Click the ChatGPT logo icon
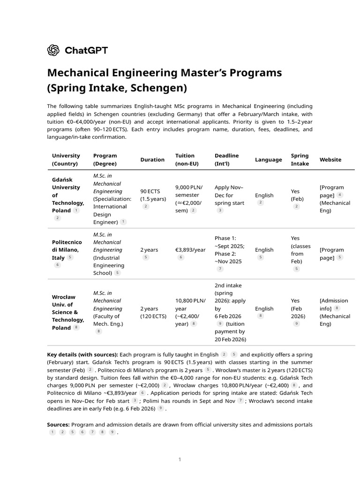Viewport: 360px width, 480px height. click(x=53, y=50)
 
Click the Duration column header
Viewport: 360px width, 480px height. click(x=152, y=159)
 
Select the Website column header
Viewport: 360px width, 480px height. click(x=330, y=159)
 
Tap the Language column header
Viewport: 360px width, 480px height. click(x=268, y=159)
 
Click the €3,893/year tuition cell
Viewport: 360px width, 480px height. click(x=190, y=250)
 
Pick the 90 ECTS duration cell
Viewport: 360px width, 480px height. click(x=152, y=195)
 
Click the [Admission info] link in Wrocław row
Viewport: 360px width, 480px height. click(x=334, y=304)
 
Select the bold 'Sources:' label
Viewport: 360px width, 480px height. click(x=58, y=425)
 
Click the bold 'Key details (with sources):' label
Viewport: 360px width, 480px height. click(x=82, y=354)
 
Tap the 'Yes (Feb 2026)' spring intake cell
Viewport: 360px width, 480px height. click(x=298, y=308)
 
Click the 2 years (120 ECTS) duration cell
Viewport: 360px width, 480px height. click(x=153, y=312)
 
